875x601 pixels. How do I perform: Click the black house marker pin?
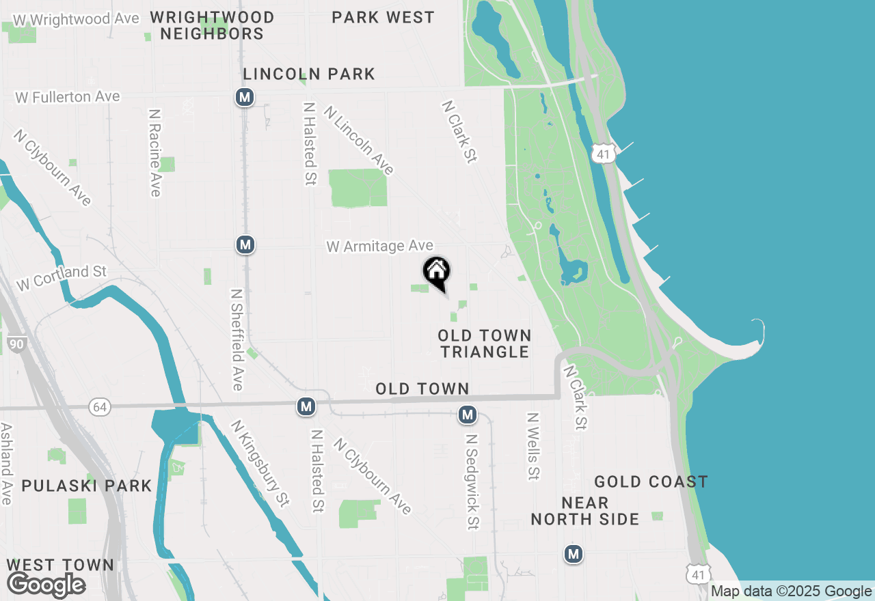point(437,271)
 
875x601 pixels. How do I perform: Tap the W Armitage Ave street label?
point(379,246)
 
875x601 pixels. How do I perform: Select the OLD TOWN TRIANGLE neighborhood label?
point(485,344)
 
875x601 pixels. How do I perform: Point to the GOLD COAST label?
point(650,482)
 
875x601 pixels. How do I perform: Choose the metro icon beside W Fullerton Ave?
point(245,97)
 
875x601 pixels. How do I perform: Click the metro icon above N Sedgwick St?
point(468,414)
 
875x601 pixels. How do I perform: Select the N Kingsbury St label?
point(260,462)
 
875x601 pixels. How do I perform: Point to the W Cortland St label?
point(62,278)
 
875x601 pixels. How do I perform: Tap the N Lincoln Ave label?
point(359,139)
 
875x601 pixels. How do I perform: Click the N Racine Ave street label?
point(154,152)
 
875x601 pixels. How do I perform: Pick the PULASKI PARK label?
point(86,486)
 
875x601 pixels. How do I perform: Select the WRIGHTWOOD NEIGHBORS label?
point(212,25)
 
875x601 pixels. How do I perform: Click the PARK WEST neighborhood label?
point(383,17)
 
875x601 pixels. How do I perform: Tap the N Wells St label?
point(534,445)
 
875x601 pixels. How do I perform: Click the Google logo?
point(46,585)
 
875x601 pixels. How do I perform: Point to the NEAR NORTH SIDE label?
point(585,511)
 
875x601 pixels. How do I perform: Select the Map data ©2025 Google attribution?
point(791,591)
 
